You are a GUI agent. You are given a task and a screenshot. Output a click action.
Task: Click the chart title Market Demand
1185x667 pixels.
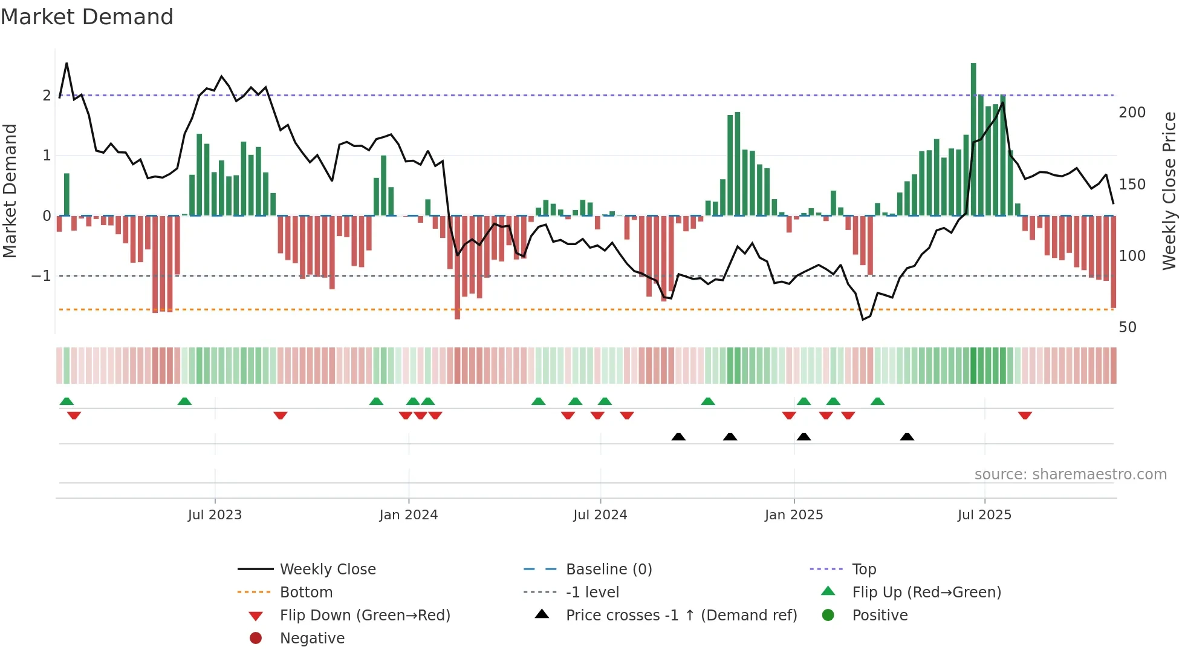click(x=87, y=17)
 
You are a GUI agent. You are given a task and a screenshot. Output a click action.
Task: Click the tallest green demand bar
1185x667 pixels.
click(x=973, y=139)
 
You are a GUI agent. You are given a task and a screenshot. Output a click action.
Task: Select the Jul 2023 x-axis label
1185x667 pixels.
click(x=215, y=515)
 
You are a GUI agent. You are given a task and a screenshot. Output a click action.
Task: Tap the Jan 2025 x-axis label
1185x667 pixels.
click(x=794, y=515)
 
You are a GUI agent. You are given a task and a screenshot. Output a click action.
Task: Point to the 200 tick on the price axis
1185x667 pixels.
click(x=1132, y=113)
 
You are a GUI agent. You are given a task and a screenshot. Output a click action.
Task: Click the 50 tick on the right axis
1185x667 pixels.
click(x=1128, y=327)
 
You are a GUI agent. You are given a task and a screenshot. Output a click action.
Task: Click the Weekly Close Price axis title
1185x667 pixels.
click(x=1169, y=191)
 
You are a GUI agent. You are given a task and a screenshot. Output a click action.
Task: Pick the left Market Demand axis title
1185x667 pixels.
click(x=10, y=191)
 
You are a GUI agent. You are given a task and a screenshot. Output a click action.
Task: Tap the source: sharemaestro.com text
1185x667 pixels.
click(x=1070, y=475)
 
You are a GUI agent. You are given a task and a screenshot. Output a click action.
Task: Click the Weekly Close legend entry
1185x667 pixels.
click(x=327, y=570)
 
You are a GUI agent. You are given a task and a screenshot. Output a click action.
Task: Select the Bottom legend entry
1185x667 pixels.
click(x=306, y=593)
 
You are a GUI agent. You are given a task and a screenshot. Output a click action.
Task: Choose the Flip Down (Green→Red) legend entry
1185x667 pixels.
click(x=365, y=616)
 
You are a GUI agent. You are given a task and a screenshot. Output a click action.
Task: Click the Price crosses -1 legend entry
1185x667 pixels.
click(x=681, y=616)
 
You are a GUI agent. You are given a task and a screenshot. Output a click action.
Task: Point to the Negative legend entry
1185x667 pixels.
click(x=312, y=639)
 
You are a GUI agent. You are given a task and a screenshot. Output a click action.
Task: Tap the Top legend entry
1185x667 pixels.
click(x=864, y=570)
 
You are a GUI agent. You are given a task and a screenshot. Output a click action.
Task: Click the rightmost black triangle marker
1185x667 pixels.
click(x=907, y=436)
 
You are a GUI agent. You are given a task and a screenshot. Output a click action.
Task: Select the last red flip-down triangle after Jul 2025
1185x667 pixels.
click(x=1025, y=415)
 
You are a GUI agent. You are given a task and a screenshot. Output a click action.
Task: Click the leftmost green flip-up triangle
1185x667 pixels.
click(x=67, y=401)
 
